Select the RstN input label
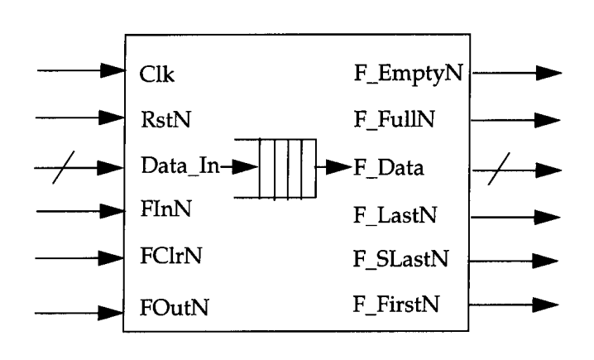[163, 121]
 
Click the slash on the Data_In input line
[59, 169]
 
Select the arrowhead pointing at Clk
[112, 73]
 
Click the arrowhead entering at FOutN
[112, 313]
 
